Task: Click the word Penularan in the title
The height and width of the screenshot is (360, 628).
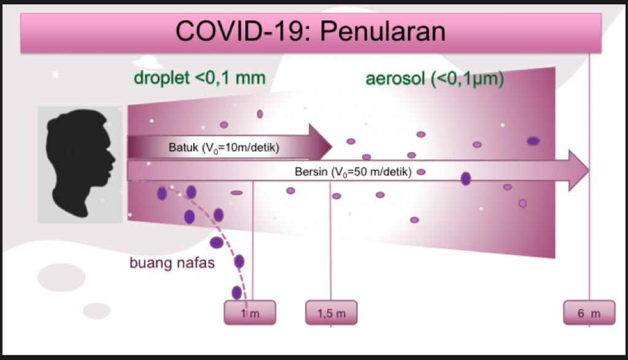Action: tap(383, 31)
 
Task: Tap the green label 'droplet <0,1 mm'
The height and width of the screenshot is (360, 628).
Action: tap(199, 78)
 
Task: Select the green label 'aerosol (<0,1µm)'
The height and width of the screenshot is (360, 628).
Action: tap(435, 79)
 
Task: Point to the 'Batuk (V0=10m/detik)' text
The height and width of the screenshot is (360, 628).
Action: tap(224, 148)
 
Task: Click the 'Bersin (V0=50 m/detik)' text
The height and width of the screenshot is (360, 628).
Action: tap(353, 172)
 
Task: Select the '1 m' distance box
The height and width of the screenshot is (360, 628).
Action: tap(250, 313)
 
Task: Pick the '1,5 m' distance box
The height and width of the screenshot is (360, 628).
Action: tap(331, 313)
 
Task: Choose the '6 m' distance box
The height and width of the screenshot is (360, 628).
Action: tap(589, 313)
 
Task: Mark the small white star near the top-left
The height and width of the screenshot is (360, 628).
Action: tap(55, 74)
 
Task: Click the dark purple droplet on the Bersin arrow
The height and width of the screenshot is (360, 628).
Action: tap(465, 178)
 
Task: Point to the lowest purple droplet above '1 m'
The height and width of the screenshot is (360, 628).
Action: tap(237, 293)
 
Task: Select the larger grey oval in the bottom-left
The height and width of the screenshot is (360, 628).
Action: tap(61, 277)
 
